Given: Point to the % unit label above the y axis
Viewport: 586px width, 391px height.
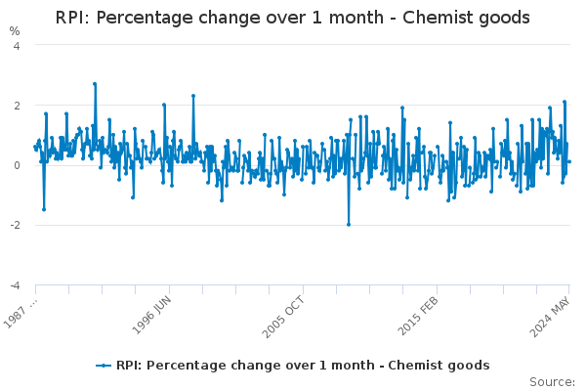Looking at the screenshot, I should click(x=15, y=30).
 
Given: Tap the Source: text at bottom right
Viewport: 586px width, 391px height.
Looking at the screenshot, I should click(x=552, y=381).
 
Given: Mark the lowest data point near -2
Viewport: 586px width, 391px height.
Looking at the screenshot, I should click(x=349, y=224).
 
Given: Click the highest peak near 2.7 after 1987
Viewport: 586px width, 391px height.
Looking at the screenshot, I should click(x=95, y=84).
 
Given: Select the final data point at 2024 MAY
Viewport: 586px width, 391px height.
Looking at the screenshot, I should click(x=569, y=161).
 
